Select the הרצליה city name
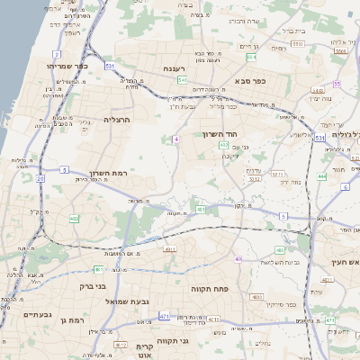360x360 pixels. pos(118,119)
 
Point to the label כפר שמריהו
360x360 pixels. pos(68,66)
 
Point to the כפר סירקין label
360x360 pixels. pos(282,305)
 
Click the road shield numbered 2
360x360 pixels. pos(57,55)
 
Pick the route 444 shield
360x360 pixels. pos(321,177)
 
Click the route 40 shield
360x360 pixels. pos(238,259)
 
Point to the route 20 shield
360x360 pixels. pos(40,178)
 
